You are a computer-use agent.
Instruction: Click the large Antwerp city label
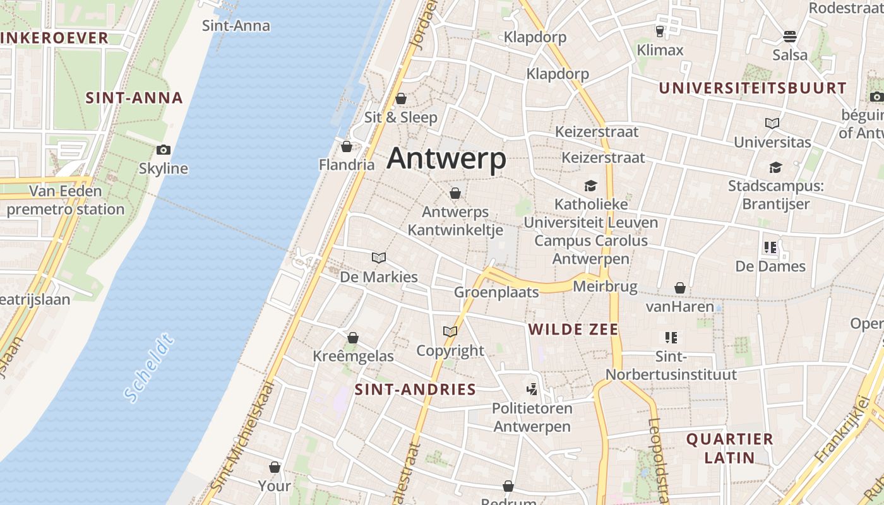[446, 158]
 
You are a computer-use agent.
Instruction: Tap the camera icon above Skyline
[164, 150]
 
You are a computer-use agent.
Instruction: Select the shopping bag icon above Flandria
[346, 147]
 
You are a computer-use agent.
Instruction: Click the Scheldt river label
[148, 368]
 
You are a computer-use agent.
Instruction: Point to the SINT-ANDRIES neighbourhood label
[415, 389]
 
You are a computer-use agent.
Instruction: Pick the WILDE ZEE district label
[573, 329]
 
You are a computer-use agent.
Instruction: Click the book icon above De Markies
[379, 258]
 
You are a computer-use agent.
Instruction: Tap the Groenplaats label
[496, 292]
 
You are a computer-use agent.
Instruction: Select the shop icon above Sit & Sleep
[401, 98]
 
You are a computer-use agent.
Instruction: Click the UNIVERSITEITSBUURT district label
[753, 88]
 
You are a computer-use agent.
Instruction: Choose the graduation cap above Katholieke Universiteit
[591, 186]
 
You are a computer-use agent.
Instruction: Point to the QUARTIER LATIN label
[729, 448]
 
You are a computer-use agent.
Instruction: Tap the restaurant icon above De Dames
[770, 247]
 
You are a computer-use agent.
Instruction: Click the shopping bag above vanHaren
[680, 288]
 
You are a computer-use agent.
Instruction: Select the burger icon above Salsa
[790, 36]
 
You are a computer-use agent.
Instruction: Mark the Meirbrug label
[605, 287]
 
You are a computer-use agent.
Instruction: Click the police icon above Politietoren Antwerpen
[532, 389]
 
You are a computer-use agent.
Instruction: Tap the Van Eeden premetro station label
[66, 200]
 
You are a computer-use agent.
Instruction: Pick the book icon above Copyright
[450, 331]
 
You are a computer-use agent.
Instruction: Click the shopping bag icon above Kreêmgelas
[353, 338]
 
